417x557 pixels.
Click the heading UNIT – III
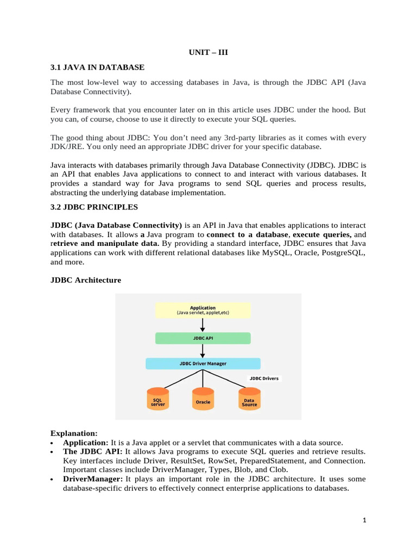point(208,52)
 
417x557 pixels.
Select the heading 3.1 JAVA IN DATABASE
point(97,67)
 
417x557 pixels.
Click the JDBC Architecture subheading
point(86,280)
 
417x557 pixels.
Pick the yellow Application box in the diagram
point(203,310)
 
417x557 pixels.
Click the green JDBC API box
point(203,338)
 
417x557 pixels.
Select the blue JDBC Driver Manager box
point(203,363)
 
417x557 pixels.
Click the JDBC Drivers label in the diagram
point(264,378)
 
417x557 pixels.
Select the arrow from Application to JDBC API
point(203,325)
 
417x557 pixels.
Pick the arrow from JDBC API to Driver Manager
point(203,351)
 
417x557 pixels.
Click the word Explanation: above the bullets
point(74,434)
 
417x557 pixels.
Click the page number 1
point(365,521)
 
